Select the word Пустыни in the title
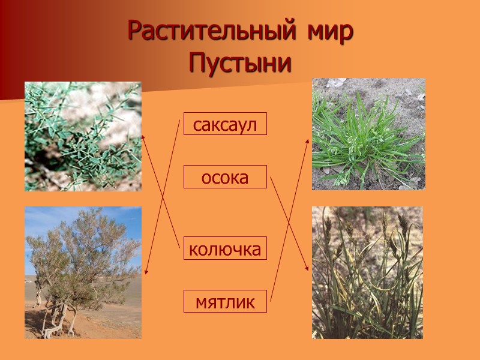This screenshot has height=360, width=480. click(240, 63)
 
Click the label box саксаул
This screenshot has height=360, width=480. click(225, 124)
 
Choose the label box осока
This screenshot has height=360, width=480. click(225, 177)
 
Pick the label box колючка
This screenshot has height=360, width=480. click(225, 248)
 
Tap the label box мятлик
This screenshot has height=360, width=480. click(225, 301)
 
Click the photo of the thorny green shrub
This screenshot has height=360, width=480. click(83, 136)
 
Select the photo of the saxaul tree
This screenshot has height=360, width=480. click(83, 273)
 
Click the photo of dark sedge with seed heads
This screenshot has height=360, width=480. click(367, 272)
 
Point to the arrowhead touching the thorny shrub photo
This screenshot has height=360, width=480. click(143, 137)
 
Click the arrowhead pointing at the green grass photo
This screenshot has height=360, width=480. click(308, 142)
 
